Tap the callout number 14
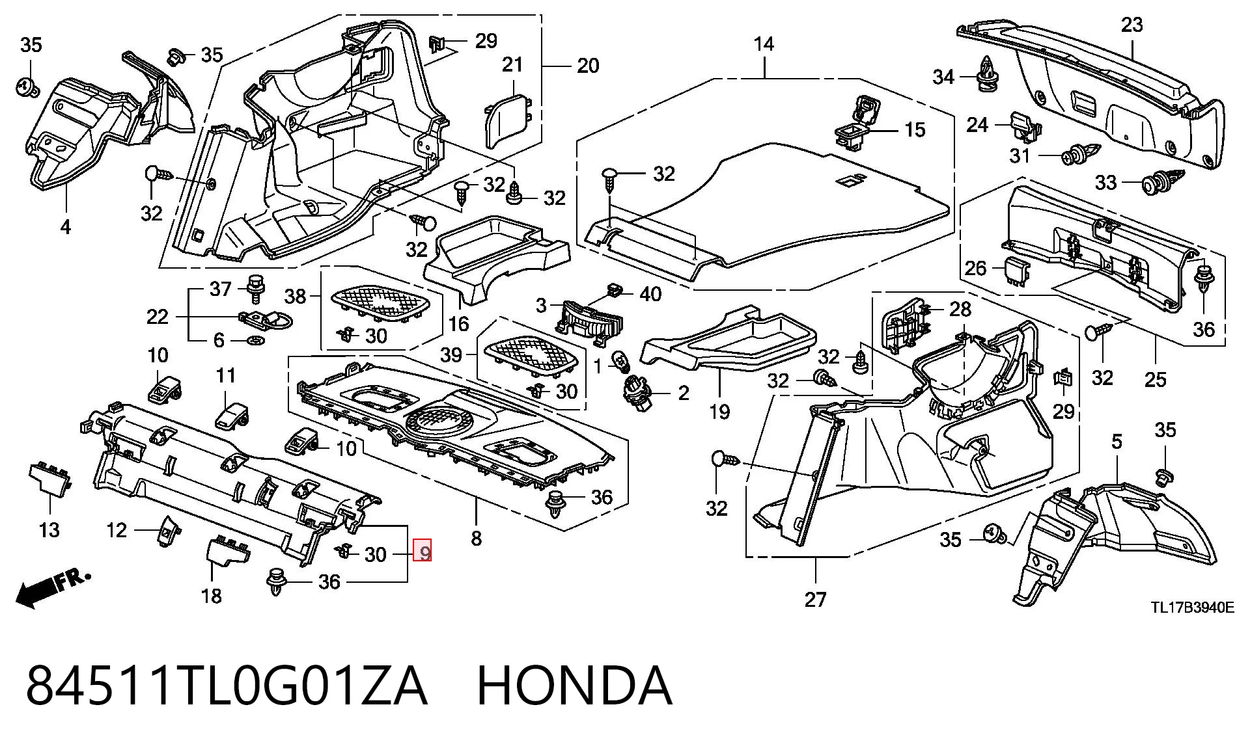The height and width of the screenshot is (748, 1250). pyautogui.click(x=764, y=44)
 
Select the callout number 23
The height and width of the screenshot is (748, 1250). pyautogui.click(x=1132, y=25)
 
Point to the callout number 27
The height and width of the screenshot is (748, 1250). pyautogui.click(x=815, y=599)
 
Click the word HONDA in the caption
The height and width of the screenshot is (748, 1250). pyautogui.click(x=574, y=685)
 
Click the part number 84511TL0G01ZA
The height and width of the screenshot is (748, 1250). pyautogui.click(x=227, y=685)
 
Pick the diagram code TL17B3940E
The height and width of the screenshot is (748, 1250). pyautogui.click(x=1192, y=608)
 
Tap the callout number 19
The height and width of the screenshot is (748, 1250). pyautogui.click(x=719, y=412)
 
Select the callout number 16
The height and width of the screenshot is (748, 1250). pyautogui.click(x=458, y=323)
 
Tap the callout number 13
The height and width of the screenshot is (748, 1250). pyautogui.click(x=49, y=529)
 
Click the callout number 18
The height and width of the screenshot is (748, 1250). pyautogui.click(x=212, y=595)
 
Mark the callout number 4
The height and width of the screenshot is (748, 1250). pyautogui.click(x=65, y=227)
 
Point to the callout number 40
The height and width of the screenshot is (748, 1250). pyautogui.click(x=650, y=294)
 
